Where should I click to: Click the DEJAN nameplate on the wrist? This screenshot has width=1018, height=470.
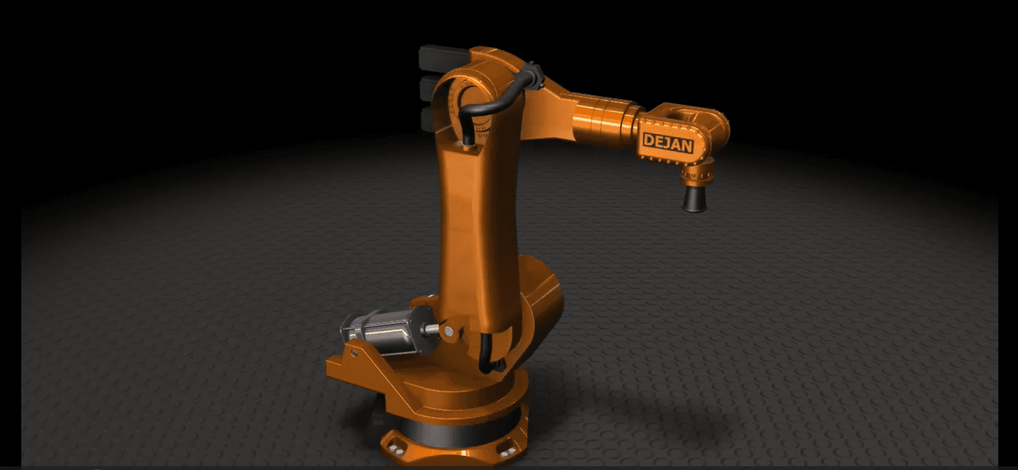point(668,143)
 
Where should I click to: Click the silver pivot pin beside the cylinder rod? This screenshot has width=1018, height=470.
point(449,332)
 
